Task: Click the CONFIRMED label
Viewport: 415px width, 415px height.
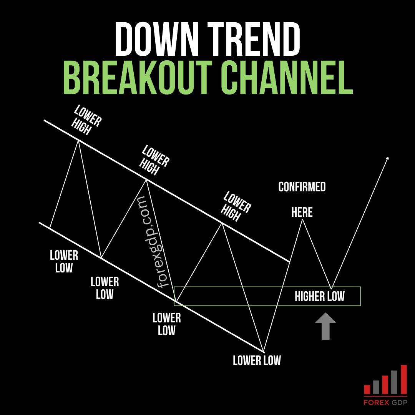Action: [302, 187]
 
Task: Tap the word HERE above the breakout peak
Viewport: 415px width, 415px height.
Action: [302, 212]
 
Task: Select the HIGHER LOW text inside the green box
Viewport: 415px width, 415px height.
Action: [319, 296]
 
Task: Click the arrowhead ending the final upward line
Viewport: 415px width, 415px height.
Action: [387, 159]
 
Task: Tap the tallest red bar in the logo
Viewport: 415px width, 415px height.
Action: [403, 380]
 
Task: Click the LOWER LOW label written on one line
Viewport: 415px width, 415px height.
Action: [257, 360]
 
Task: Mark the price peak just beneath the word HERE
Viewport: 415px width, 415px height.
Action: [302, 219]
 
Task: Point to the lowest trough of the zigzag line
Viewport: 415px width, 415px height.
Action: [264, 351]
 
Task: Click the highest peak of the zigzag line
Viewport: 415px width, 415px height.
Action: [78, 141]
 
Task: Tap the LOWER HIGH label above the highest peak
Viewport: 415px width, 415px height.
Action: [87, 120]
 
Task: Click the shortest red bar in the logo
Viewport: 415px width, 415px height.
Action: [367, 389]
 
